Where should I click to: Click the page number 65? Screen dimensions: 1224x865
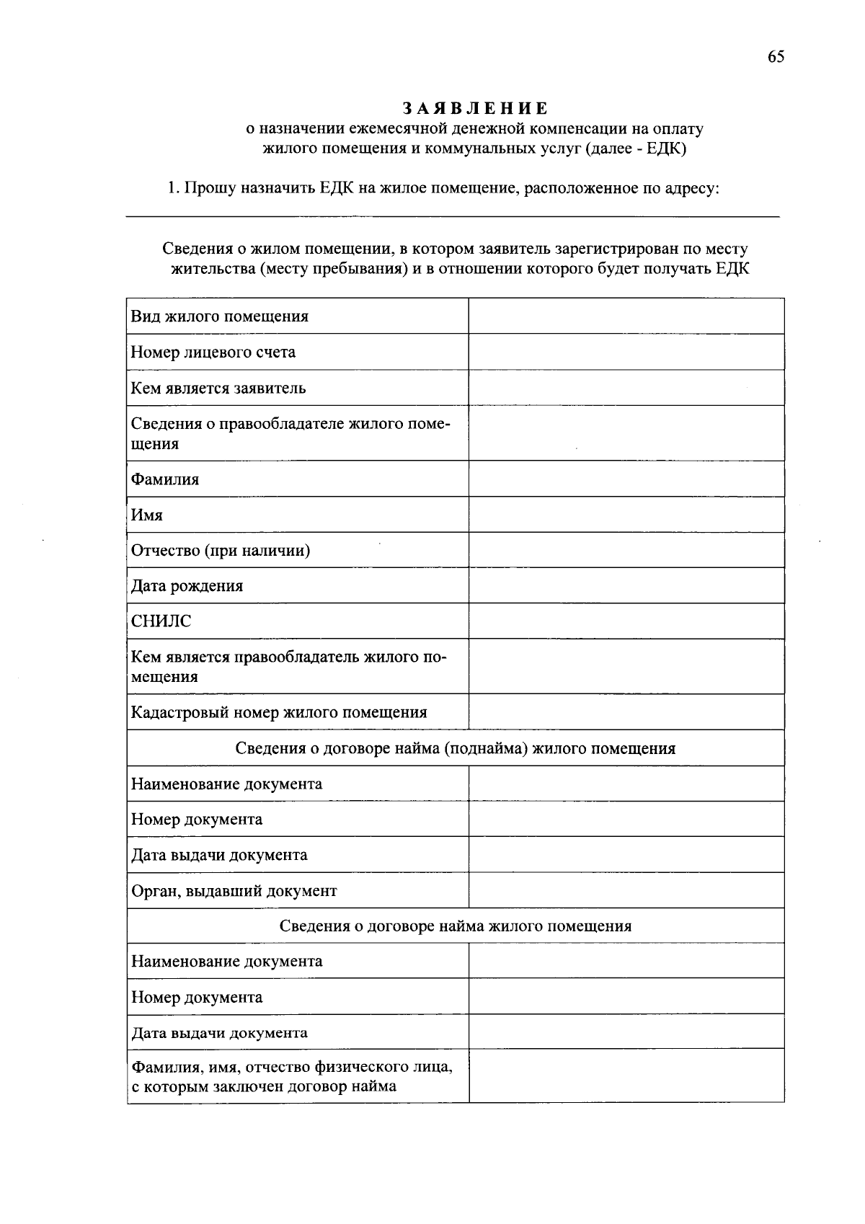pos(776,58)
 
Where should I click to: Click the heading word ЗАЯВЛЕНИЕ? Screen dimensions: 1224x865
pos(475,109)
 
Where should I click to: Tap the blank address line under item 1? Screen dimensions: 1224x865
pos(453,213)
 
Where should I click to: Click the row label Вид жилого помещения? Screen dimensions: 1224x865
pos(219,316)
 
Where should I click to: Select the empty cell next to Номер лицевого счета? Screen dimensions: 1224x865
pos(626,352)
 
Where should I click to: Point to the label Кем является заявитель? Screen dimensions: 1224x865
pos(218,389)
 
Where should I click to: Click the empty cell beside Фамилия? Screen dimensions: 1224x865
pos(626,479)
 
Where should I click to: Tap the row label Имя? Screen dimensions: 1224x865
pos(147,515)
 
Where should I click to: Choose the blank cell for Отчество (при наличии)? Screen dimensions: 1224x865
pos(626,551)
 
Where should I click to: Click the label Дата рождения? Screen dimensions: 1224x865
pos(187,586)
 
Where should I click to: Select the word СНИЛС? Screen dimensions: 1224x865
pos(161,621)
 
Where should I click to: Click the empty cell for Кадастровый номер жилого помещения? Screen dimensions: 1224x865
pos(626,713)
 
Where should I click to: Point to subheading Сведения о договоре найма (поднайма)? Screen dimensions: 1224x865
pos(455,748)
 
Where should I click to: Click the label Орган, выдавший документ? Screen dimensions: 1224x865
pos(234,891)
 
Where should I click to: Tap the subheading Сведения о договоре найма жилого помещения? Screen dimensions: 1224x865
pos(455,926)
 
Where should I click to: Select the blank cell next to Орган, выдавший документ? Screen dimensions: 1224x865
pos(626,891)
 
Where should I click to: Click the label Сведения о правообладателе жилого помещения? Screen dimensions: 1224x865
pos(290,433)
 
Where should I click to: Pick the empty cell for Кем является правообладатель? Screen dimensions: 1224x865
pos(626,667)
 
